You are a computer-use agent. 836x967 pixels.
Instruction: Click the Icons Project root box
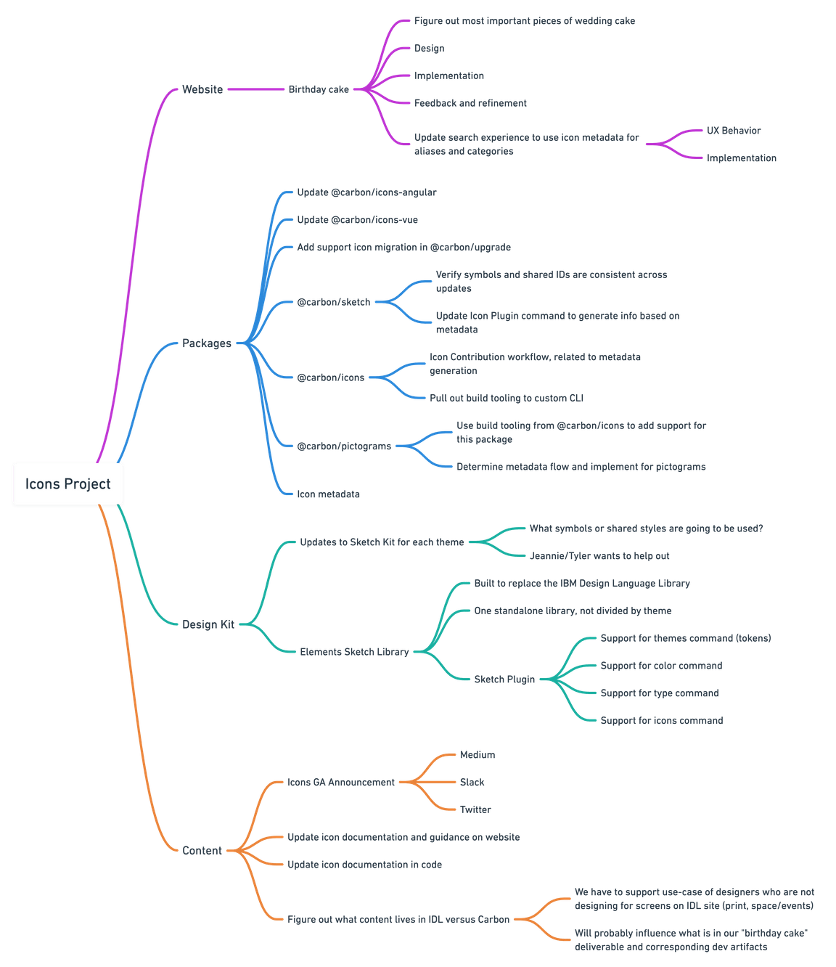pos(68,483)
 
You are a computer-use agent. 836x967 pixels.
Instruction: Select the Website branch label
pos(202,89)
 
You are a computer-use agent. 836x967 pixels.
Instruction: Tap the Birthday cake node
pos(319,89)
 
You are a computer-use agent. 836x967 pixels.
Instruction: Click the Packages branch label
pos(207,343)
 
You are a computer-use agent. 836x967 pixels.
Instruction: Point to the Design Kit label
pos(208,624)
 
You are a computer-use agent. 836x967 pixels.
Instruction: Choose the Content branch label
pos(202,850)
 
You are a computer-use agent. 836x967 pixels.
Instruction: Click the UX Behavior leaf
pos(734,131)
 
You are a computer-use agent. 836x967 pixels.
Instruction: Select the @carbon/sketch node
pos(334,302)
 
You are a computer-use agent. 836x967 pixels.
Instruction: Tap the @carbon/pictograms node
pos(344,446)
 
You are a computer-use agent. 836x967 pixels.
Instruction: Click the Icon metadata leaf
pos(328,494)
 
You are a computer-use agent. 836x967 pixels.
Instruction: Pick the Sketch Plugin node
pos(504,680)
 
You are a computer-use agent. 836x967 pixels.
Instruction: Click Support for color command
pos(661,666)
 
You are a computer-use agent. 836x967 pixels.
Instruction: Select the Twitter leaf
pos(475,809)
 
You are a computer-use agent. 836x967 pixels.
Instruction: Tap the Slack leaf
pos(472,782)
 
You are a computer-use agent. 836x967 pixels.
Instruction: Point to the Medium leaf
pos(478,755)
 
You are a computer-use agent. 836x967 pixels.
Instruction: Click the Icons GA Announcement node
pos(341,782)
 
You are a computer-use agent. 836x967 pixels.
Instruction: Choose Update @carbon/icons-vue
pos(357,220)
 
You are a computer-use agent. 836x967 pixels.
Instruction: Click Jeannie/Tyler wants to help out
pos(599,556)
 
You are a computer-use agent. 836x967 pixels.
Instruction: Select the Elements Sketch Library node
pos(354,652)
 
